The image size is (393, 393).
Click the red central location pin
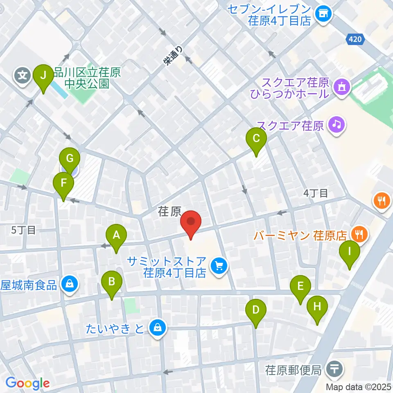191,223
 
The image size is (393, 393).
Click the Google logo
27,383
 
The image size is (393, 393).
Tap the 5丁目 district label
23,230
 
